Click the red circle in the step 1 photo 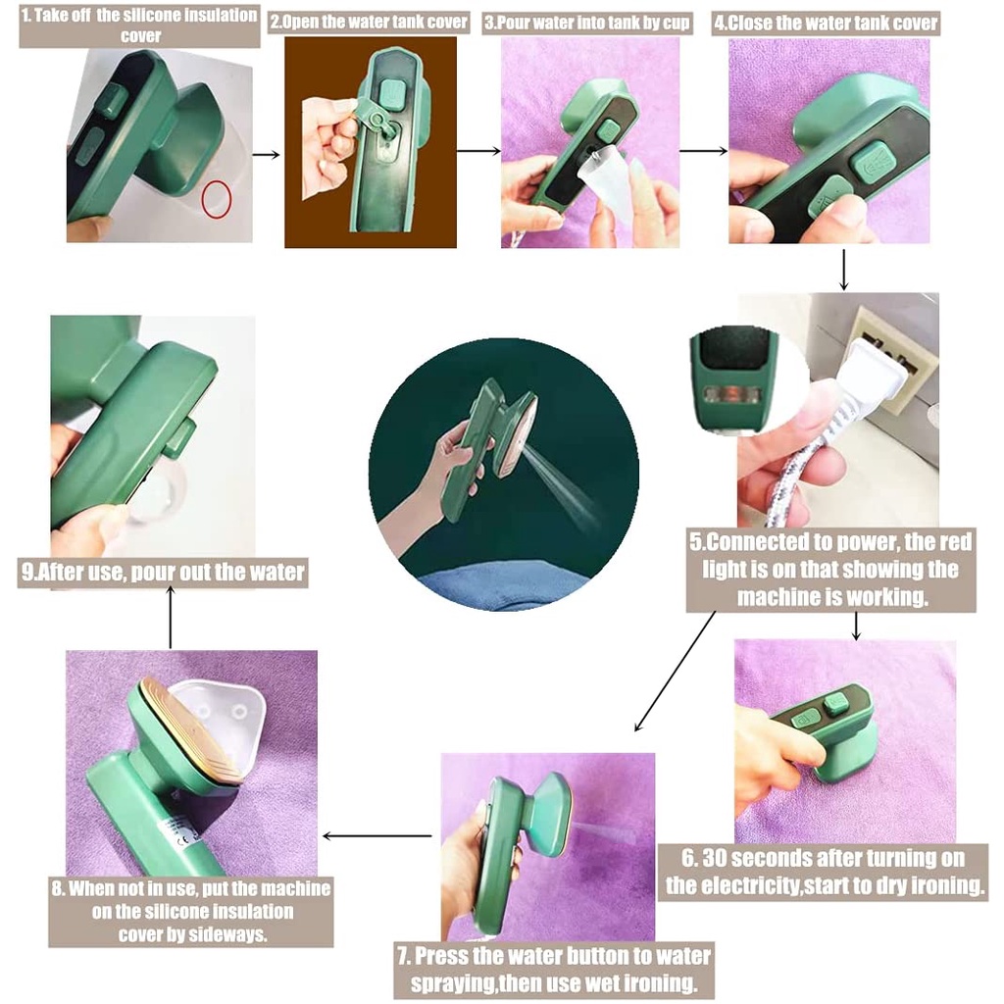coord(216,199)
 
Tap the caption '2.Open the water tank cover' coord(369,22)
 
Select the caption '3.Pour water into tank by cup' coord(586,24)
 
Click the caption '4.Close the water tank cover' coord(826,24)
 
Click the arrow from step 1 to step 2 coord(267,154)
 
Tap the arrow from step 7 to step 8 coord(377,835)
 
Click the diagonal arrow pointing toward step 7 coord(675,671)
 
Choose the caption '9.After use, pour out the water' coord(163,572)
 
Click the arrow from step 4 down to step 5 coord(843,270)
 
